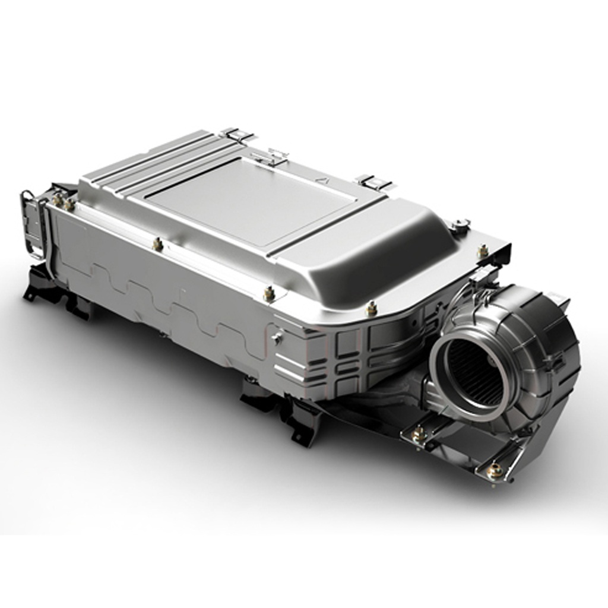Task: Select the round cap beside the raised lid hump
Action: coord(459,225)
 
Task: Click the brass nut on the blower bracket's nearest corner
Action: coord(494,471)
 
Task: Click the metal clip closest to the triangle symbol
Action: coord(372,182)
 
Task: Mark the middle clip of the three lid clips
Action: coord(271,157)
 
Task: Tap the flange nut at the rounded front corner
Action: coord(371,308)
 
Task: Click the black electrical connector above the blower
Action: coord(484,275)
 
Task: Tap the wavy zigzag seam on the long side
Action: coord(178,303)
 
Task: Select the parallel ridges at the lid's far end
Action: coord(148,160)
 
